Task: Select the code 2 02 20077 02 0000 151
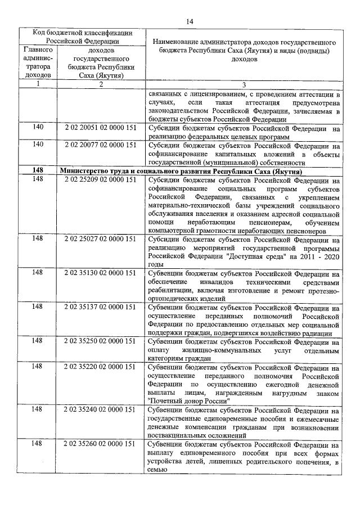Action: (x=101, y=145)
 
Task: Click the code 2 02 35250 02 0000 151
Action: (x=101, y=341)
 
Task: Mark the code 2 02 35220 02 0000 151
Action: (x=101, y=367)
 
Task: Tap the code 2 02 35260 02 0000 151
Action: (x=101, y=444)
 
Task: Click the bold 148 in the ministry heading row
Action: (x=38, y=170)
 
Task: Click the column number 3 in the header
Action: (x=244, y=85)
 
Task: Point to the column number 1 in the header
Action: (x=38, y=84)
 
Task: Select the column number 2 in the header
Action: (x=101, y=84)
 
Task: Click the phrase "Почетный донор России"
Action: (x=188, y=402)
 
